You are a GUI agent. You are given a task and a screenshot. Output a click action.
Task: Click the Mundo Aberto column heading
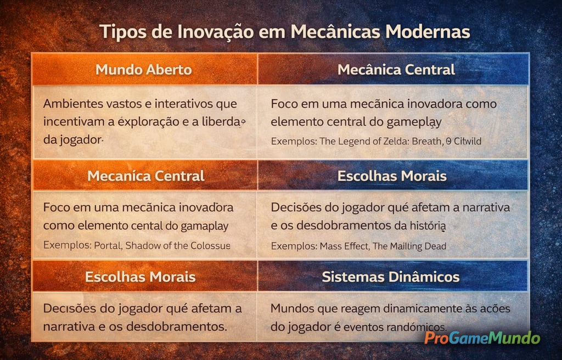click(x=144, y=70)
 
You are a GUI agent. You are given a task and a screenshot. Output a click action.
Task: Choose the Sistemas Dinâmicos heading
click(x=391, y=277)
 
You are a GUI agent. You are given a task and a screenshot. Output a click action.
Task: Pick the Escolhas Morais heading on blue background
click(x=392, y=176)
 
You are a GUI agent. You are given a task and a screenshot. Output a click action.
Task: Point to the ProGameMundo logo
click(x=482, y=338)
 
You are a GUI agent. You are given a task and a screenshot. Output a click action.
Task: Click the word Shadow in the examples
click(x=141, y=245)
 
